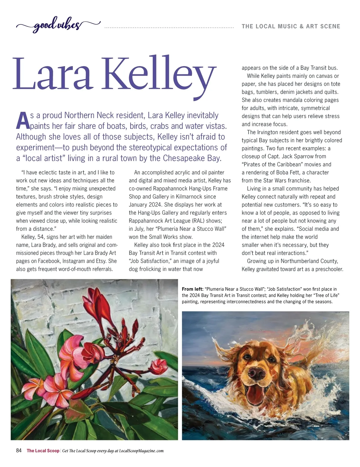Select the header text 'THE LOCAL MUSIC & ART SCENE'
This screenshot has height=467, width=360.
(291, 26)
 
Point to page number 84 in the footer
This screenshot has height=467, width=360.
(19, 451)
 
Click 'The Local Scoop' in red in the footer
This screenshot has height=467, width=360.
(43, 451)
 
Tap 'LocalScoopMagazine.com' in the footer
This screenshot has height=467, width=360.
(141, 451)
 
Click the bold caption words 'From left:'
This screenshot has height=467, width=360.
(193, 289)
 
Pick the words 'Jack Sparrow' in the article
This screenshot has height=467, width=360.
(310, 156)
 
